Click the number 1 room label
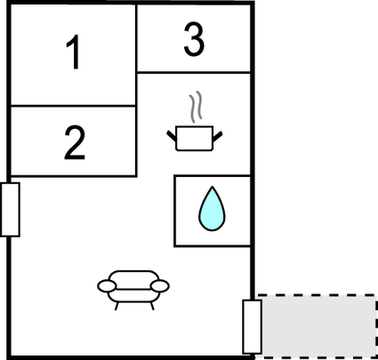tap(73, 52)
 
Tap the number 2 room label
tap(75, 143)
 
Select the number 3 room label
tap(194, 39)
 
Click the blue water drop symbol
tap(212, 209)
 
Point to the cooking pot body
tap(194, 139)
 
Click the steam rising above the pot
tap(196, 107)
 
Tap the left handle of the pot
tap(172, 135)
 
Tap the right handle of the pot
tap(217, 136)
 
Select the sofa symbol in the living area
tap(133, 290)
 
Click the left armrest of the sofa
tap(107, 286)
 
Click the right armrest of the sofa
tap(160, 286)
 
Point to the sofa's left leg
tap(117, 306)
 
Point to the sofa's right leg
tap(152, 306)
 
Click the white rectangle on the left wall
tap(10, 210)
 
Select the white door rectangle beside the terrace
tap(252, 327)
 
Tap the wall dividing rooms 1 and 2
tap(73, 106)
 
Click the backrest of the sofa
tap(133, 280)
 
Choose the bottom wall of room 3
tap(194, 72)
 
